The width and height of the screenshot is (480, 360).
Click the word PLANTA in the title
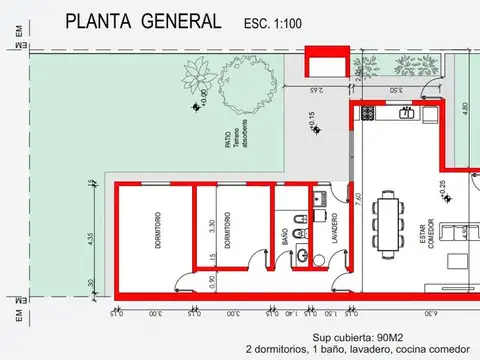tap(97, 21)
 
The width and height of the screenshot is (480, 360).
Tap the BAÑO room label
tap(284, 237)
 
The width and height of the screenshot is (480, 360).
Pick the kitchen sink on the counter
tap(408, 113)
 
